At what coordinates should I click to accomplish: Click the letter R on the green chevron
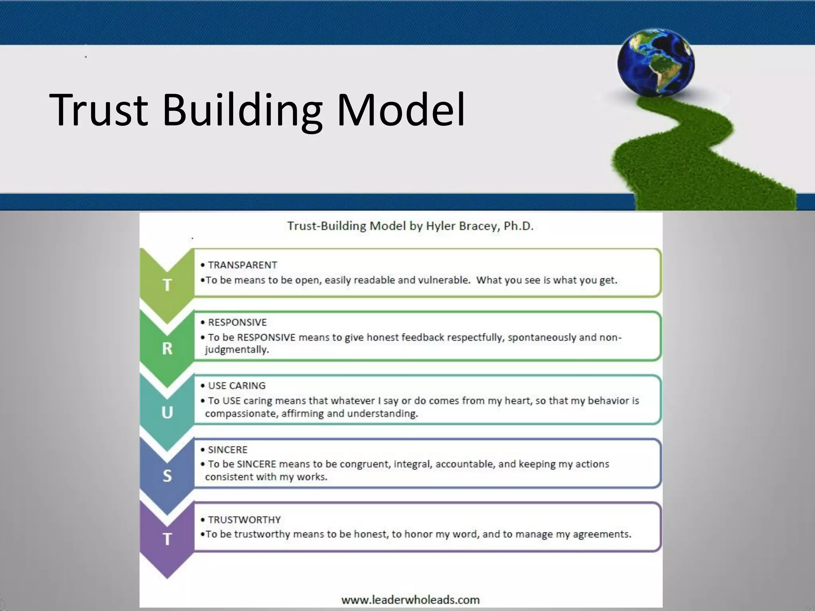[167, 348]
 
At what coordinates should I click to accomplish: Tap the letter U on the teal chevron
[167, 413]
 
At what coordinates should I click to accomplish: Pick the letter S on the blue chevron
[167, 476]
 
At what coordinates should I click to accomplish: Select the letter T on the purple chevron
[167, 539]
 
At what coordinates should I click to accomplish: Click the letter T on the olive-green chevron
[167, 285]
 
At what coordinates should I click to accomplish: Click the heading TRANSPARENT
[242, 265]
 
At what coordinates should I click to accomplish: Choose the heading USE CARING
[237, 385]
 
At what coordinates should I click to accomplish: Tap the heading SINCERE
[228, 449]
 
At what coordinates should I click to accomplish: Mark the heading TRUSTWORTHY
[244, 520]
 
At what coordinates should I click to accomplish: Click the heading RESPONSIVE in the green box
[237, 322]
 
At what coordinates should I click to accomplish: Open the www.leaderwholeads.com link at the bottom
[410, 599]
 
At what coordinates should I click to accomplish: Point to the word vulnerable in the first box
[444, 280]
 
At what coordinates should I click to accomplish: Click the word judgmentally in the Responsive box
[237, 350]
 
